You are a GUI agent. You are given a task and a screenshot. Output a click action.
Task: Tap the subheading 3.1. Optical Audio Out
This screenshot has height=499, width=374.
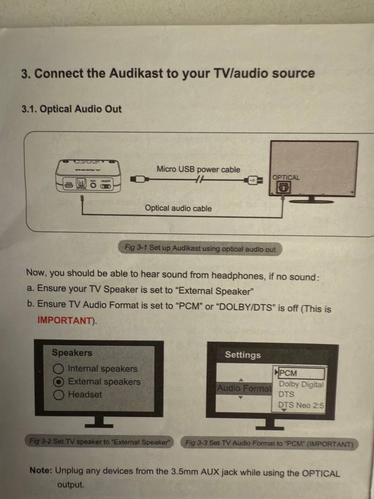72,109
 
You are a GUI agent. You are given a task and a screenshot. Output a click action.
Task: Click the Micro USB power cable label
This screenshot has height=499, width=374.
198,169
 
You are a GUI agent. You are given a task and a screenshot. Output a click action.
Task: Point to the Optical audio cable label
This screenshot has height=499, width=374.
178,208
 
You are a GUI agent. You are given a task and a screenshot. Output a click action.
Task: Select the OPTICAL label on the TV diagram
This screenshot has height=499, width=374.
286,177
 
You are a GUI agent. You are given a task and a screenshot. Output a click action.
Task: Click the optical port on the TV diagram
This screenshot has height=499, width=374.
283,188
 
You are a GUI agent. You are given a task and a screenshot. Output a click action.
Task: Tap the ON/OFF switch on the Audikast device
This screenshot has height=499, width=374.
106,186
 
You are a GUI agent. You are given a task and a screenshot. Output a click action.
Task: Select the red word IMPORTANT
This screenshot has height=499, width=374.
65,320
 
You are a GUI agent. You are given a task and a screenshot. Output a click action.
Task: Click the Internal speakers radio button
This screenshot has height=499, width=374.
58,369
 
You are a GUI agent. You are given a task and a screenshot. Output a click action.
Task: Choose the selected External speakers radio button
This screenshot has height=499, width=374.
58,382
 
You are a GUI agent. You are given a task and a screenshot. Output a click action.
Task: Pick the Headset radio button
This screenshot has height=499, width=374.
58,395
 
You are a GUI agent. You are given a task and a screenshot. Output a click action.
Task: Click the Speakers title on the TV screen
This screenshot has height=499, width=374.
72,352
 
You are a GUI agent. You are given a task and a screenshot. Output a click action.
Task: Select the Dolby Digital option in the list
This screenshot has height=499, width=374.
301,384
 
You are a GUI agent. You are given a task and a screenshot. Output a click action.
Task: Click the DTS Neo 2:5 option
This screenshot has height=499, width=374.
301,405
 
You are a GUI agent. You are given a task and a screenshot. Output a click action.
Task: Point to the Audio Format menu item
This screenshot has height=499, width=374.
244,388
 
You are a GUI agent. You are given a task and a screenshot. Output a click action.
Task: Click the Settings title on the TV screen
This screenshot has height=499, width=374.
243,355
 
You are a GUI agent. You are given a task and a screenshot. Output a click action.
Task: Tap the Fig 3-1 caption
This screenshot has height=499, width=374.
200,249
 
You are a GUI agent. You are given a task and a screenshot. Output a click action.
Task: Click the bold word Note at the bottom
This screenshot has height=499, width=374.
41,470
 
